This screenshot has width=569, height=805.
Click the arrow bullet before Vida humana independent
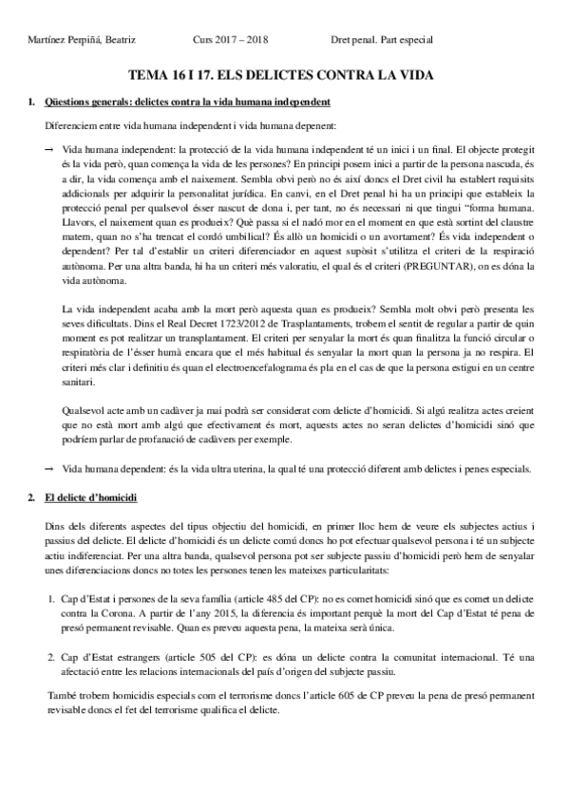pyautogui.click(x=48, y=150)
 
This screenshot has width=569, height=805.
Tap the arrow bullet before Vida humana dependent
pyautogui.click(x=48, y=469)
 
